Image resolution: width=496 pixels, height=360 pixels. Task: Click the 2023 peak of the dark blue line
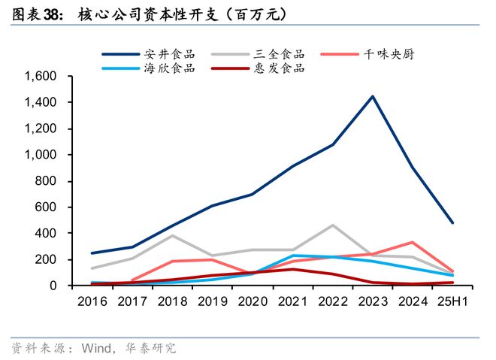(x=372, y=96)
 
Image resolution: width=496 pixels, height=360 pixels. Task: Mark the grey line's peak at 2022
(x=331, y=225)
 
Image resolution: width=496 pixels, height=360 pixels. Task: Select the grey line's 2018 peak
(x=172, y=235)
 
